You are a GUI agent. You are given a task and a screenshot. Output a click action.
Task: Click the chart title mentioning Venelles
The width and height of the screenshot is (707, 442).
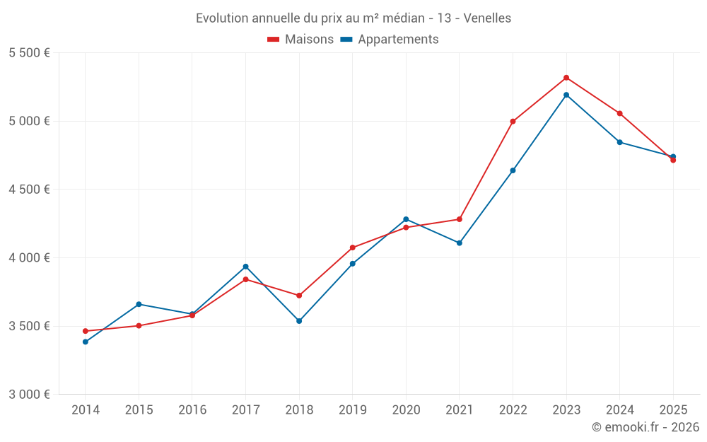click(353, 18)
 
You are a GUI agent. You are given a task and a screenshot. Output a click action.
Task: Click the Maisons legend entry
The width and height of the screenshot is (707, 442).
click(300, 40)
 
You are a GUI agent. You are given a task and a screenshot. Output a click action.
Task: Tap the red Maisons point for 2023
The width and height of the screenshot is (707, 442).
click(566, 78)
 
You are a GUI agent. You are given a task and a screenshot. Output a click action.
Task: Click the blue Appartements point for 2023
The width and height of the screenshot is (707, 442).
click(566, 95)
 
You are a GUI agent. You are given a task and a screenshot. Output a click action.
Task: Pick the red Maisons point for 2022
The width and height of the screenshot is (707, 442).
click(513, 122)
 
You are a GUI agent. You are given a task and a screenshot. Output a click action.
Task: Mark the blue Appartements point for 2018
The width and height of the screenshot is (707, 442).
click(299, 321)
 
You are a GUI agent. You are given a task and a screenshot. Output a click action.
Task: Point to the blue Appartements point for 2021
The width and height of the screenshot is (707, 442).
click(460, 243)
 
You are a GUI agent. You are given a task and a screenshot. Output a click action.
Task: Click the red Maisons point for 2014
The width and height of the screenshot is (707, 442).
click(86, 331)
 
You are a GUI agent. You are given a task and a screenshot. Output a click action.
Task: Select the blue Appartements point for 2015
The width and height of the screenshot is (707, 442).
click(139, 304)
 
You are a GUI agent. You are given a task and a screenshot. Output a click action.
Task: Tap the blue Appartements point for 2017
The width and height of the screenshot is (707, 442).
click(245, 267)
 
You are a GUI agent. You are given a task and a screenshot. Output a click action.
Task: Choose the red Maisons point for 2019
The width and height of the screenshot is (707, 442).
click(353, 248)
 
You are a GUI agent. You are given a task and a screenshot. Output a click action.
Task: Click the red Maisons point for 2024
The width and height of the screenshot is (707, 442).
click(620, 113)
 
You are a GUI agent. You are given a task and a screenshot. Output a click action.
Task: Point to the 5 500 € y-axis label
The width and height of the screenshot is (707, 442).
click(29, 53)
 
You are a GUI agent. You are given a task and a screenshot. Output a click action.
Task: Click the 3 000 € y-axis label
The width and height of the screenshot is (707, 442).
click(29, 395)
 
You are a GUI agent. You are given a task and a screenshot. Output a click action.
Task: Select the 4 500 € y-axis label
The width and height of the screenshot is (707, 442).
click(29, 190)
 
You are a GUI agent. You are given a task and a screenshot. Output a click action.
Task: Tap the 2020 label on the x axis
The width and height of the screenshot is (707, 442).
click(406, 410)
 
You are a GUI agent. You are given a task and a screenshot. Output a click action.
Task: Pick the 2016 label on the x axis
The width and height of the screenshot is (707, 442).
click(192, 410)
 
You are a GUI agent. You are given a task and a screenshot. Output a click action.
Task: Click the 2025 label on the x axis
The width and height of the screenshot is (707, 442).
click(673, 410)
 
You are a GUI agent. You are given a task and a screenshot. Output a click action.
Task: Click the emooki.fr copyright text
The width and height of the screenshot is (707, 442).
click(645, 427)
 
